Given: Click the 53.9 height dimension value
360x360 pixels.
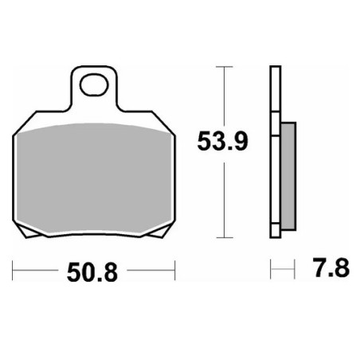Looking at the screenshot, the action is tap(222, 142).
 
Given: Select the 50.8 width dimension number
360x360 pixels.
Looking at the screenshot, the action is tap(92, 272).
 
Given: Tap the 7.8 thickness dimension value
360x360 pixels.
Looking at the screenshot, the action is tap(331, 268).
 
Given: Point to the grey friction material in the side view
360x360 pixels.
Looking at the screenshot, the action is tap(288, 176).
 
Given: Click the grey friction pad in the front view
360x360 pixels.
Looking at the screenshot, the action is tap(94, 178).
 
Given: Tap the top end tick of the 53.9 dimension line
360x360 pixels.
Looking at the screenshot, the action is tap(225, 67).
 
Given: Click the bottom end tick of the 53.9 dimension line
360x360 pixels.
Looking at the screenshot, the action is tap(225, 237).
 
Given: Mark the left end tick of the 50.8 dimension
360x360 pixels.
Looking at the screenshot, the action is tap(13, 270).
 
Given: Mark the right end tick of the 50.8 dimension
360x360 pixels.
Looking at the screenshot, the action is tap(175, 270).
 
